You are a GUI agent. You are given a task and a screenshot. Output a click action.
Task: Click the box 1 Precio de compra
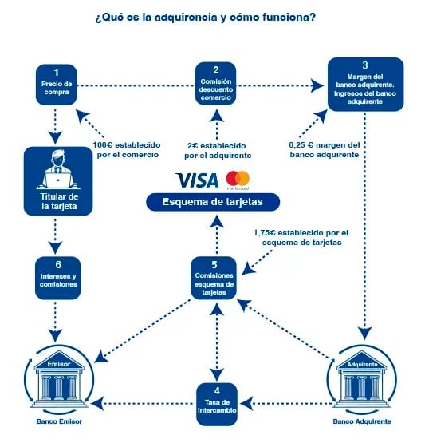(57, 85)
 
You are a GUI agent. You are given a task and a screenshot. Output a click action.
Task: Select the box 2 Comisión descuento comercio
(215, 84)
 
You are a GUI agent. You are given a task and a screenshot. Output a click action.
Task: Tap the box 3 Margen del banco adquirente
(365, 85)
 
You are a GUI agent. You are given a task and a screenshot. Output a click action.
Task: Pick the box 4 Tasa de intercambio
(217, 404)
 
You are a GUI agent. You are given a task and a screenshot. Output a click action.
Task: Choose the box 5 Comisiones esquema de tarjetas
(214, 278)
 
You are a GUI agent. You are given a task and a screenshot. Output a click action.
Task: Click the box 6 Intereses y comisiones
(58, 278)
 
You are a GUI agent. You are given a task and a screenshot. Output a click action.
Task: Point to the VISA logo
(197, 180)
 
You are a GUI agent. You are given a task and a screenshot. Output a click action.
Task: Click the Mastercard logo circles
(238, 178)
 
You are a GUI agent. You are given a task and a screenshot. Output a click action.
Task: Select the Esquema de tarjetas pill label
(213, 202)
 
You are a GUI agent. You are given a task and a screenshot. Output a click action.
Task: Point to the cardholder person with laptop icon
(58, 170)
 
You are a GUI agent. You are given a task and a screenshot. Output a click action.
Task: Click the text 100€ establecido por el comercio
(127, 150)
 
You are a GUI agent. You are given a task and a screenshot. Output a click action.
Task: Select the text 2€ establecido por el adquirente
(218, 151)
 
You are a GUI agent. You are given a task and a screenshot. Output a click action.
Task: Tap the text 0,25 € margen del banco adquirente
(325, 150)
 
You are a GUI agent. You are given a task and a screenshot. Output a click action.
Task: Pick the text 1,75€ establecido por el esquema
(301, 237)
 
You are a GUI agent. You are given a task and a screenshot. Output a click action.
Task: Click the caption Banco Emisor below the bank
(59, 421)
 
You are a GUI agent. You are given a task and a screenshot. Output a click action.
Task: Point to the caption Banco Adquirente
(362, 421)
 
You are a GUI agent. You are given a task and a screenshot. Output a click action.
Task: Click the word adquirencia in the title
(186, 18)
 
